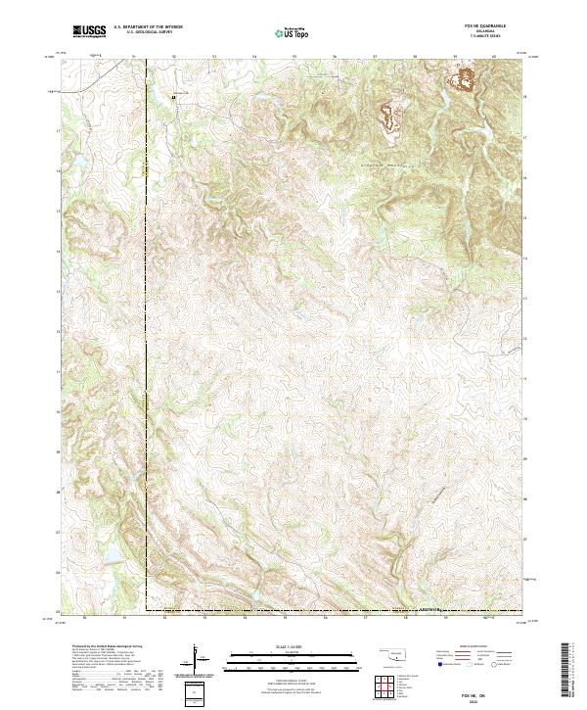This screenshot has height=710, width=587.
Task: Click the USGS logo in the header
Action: click(x=91, y=31)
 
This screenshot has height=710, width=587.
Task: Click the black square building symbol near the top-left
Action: click(x=174, y=97)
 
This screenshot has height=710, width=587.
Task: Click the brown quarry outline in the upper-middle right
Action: click(x=389, y=118)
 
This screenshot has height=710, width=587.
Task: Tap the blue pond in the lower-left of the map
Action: click(x=111, y=556)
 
